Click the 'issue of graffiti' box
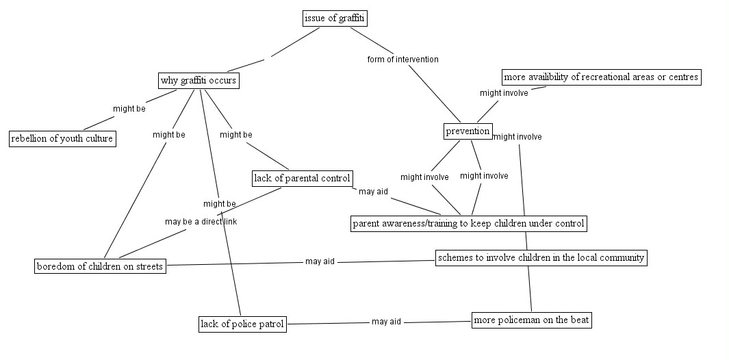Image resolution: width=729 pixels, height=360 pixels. click(335, 18)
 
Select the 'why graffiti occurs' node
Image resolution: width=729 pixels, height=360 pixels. click(199, 81)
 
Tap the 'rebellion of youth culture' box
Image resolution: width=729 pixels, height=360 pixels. click(62, 139)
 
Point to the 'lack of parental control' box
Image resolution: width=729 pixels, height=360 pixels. click(302, 179)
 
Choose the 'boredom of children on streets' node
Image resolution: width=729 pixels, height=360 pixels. click(100, 266)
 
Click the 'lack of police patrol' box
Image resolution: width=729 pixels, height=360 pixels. click(242, 324)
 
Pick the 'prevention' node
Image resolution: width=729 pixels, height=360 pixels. click(468, 131)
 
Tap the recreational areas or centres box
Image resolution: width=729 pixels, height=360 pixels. click(601, 77)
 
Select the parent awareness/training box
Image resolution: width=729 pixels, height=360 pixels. click(469, 223)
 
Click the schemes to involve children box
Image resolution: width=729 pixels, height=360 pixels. click(541, 258)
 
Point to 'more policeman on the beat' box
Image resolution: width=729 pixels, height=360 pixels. click(531, 320)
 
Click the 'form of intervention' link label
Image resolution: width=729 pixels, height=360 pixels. click(402, 60)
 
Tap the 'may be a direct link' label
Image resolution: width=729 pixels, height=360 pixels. click(201, 222)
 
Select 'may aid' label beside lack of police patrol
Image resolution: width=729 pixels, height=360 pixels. click(386, 322)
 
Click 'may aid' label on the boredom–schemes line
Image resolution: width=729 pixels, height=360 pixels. click(320, 261)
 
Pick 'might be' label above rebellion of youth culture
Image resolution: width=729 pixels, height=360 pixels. click(129, 108)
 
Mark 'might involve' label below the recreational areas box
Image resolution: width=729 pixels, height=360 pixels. click(504, 93)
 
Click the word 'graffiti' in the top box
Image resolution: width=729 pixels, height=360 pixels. click(351, 18)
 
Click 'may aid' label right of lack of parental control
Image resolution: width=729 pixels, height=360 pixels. click(373, 192)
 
